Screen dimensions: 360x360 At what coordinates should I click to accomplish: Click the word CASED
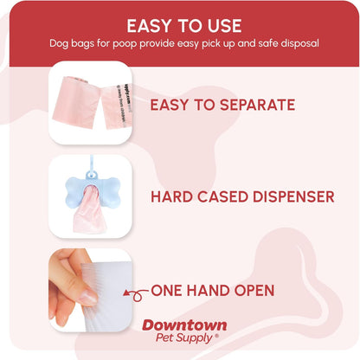(x=220, y=196)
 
